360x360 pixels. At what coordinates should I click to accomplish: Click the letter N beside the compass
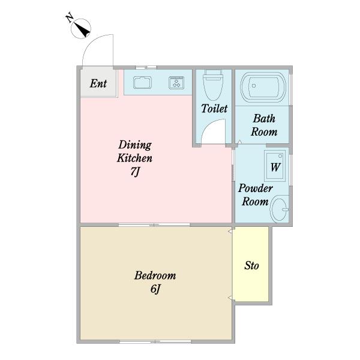70,18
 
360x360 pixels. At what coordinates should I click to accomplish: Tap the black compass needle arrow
83,30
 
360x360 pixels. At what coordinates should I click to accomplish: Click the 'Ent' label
98,83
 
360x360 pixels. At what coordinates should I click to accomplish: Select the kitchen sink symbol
142,83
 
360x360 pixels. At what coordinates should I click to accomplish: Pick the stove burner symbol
176,83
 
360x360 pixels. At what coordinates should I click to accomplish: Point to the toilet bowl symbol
213,85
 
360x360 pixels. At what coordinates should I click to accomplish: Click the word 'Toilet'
214,109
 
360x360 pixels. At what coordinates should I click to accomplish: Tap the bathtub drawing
263,87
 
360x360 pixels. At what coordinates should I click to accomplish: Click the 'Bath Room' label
264,125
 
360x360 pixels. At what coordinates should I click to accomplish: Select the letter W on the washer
275,167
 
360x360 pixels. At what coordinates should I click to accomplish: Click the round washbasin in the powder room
279,209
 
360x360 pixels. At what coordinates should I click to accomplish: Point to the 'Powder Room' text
256,194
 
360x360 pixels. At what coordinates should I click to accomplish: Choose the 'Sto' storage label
251,266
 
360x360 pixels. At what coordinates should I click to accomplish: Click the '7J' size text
135,172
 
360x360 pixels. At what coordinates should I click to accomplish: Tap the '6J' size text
155,289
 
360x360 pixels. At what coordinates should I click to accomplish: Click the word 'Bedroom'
155,275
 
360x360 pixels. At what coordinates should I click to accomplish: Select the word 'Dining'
135,145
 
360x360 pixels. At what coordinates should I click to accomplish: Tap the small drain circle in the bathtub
254,86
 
